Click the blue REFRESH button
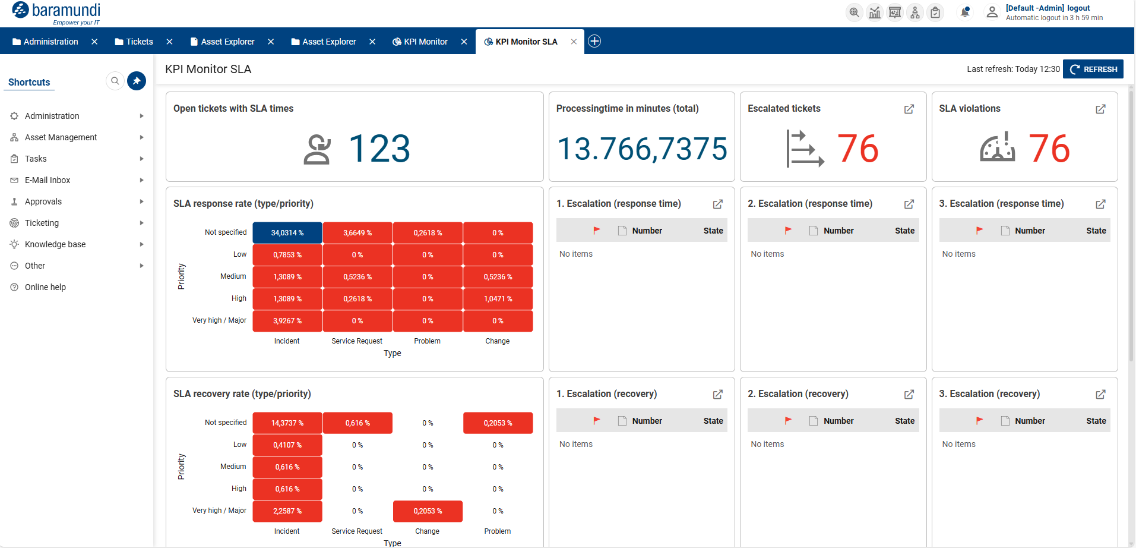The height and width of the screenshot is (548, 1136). click(1093, 69)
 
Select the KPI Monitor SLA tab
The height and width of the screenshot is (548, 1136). click(526, 42)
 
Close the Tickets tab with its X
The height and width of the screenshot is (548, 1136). click(169, 42)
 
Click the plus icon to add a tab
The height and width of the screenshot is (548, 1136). click(594, 41)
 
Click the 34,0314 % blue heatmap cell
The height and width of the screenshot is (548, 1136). click(287, 232)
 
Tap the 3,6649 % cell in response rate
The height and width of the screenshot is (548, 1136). click(357, 232)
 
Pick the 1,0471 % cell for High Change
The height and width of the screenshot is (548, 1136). click(498, 298)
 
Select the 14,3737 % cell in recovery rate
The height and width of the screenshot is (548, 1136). click(287, 423)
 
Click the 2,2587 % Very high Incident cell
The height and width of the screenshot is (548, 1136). click(287, 511)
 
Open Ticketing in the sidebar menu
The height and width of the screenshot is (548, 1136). click(42, 223)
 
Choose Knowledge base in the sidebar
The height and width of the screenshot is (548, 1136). click(55, 244)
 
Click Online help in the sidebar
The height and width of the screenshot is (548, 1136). click(45, 287)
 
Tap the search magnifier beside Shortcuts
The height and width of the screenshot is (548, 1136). click(115, 81)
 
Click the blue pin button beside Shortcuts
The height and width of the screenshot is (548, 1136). click(137, 81)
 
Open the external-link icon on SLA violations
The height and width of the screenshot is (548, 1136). click(1100, 109)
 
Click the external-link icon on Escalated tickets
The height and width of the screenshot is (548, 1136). click(909, 109)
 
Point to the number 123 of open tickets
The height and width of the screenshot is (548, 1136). click(379, 149)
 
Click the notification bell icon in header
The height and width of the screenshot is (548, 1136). click(965, 12)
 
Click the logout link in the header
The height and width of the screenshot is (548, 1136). click(1078, 8)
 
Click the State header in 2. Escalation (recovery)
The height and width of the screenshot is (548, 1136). click(904, 421)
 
